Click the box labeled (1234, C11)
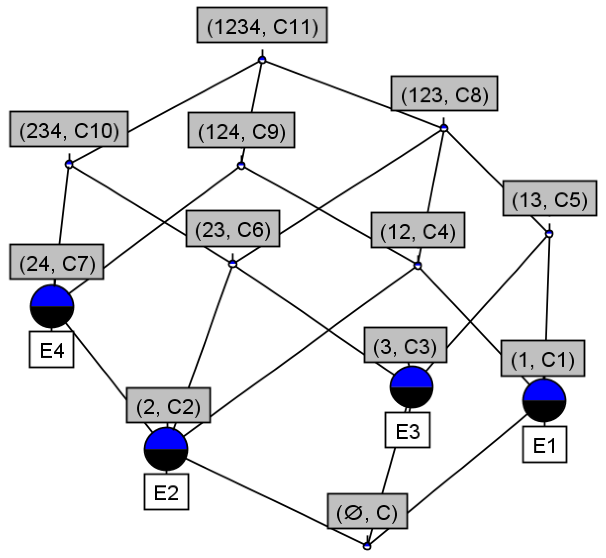coord(262,25)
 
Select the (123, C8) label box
coord(444,94)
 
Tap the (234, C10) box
coord(69,129)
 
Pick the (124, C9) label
coord(241,130)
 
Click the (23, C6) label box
coord(232,229)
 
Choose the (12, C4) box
coord(418,230)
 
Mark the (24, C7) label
coord(56,262)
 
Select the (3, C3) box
coord(406,345)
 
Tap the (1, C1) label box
coord(542,358)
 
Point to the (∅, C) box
coord(367,511)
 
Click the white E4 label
coord(51,350)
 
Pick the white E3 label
coord(407,430)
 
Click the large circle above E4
coord(52,306)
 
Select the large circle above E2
coord(166,449)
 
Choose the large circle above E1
coord(544,400)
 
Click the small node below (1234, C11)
coord(262,60)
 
